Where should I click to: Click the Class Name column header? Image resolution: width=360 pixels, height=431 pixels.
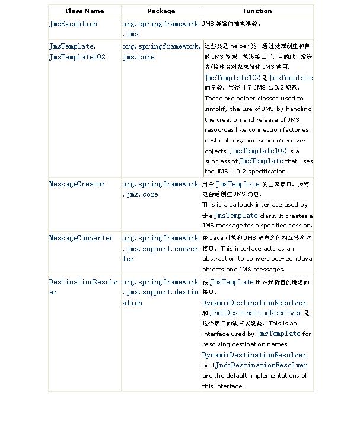coord(84,11)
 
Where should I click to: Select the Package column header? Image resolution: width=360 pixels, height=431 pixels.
coord(161,11)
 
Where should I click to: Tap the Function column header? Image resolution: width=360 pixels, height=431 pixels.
coord(257,11)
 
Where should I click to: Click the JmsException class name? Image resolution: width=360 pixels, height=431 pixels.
coord(73,24)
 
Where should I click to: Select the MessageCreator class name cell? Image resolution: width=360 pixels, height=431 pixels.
coord(77,184)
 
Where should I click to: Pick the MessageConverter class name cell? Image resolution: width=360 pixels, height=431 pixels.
coord(81,238)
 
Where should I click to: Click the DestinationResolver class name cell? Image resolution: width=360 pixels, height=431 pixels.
coord(82,287)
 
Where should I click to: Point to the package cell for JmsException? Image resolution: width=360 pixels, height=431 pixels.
coord(160,29)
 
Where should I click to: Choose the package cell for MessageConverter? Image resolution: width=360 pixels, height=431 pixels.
coord(160,248)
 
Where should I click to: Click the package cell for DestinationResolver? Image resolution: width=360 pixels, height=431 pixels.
coord(160,292)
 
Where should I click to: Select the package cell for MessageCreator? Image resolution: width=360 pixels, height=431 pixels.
coord(160,189)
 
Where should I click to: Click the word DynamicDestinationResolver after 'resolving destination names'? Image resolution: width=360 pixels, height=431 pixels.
coord(254,355)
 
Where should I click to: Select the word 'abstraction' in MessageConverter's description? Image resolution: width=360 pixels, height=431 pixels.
coord(219,259)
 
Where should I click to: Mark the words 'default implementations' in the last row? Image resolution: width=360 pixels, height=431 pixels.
coord(261,376)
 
